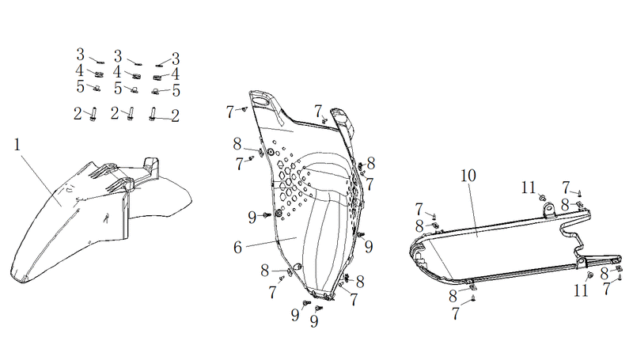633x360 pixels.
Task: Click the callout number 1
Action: pos(17,145)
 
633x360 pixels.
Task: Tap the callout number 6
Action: pos(238,248)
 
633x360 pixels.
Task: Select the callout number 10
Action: pos(468,176)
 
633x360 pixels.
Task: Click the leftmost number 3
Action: pos(81,55)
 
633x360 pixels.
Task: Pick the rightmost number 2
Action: pos(175,116)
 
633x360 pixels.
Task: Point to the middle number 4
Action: pos(117,72)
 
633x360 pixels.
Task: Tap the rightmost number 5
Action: pos(176,90)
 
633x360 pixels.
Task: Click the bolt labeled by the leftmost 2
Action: pos(93,114)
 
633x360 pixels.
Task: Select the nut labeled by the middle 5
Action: pos(135,89)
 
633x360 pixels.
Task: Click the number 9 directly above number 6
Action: pos(252,218)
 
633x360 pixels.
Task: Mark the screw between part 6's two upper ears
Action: pos(324,119)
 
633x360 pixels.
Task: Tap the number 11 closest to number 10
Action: pos(528,188)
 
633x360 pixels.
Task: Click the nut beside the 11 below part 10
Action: pos(589,275)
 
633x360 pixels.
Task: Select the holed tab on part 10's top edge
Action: pos(548,210)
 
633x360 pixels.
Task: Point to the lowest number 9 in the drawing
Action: pos(313,321)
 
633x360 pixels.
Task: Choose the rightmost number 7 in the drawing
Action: pos(607,289)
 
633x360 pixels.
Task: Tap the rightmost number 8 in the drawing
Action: pos(605,274)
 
